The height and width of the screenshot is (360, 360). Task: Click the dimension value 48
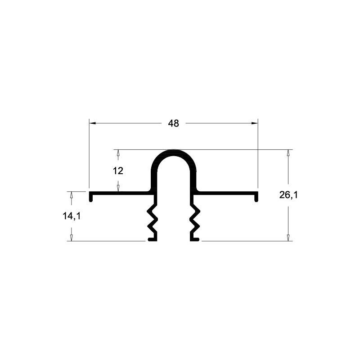click(173, 123)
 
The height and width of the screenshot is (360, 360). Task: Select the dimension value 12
click(118, 171)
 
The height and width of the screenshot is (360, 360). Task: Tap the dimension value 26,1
click(288, 195)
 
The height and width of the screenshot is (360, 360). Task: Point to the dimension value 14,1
click(72, 216)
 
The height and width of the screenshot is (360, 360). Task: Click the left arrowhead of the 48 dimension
click(92, 123)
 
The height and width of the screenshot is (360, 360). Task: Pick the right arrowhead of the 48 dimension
click(255, 123)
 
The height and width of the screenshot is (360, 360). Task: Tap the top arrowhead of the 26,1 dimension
click(288, 153)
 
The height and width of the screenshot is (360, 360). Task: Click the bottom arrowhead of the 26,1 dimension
click(288, 238)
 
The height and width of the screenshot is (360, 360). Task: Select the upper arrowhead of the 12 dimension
click(118, 153)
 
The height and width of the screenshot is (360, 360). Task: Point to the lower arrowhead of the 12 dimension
click(118, 188)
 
